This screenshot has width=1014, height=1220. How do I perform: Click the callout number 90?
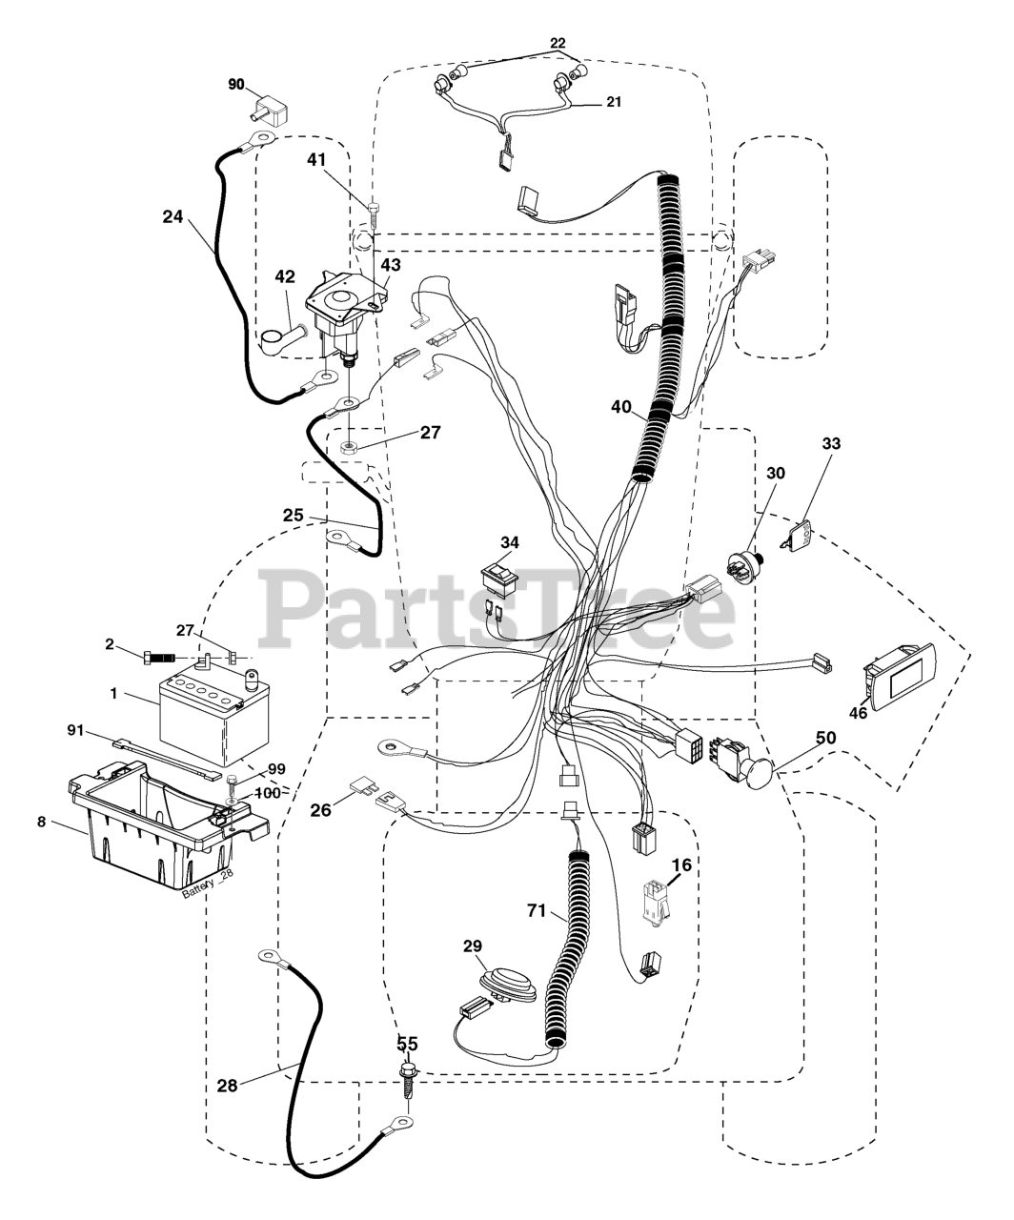(x=235, y=84)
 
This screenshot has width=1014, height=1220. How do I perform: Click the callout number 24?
(x=172, y=216)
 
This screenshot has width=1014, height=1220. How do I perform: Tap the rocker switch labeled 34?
(x=499, y=576)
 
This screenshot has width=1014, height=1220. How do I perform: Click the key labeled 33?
(x=801, y=536)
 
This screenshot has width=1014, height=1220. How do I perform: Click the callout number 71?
(x=537, y=911)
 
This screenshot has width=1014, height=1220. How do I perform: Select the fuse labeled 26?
(x=365, y=787)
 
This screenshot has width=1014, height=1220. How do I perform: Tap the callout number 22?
(x=558, y=43)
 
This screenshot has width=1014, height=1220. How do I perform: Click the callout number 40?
(x=621, y=407)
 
